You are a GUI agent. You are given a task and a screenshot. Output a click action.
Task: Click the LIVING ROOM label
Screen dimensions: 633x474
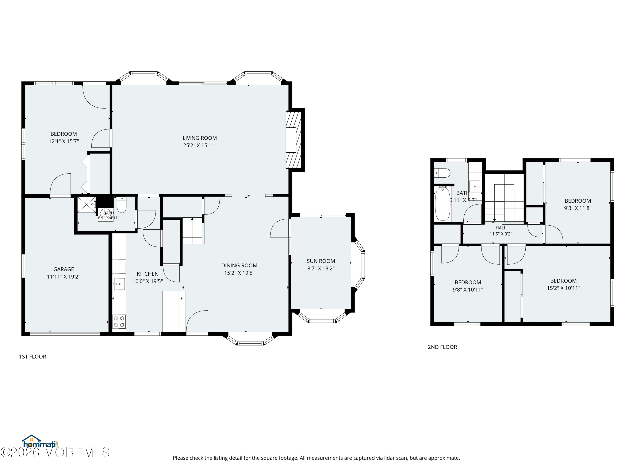(x=200, y=138)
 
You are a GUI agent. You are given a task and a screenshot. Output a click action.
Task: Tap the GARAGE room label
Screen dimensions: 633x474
(x=64, y=269)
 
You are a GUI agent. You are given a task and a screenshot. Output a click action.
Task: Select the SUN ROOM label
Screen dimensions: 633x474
(x=321, y=261)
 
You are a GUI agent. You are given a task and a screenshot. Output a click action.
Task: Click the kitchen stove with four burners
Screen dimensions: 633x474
(x=119, y=321)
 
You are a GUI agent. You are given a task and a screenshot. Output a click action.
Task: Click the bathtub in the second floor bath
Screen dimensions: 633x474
(x=443, y=204)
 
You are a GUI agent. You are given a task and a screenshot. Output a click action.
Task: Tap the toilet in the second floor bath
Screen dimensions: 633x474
(x=442, y=173)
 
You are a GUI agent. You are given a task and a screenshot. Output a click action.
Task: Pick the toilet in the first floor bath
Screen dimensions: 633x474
(x=122, y=205)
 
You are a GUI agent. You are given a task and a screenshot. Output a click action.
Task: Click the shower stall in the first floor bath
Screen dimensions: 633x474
(x=87, y=205)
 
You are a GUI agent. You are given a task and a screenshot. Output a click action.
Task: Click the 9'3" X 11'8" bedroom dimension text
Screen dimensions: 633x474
(x=578, y=208)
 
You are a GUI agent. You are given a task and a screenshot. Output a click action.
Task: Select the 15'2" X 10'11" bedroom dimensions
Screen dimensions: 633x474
(x=563, y=288)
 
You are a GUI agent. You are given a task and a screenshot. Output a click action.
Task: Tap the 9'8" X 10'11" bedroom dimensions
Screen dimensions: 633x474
(x=468, y=290)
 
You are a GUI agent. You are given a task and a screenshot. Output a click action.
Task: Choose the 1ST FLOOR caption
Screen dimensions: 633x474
(x=33, y=357)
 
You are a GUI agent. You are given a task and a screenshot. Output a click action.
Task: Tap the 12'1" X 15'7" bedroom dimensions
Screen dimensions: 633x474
(x=64, y=141)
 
